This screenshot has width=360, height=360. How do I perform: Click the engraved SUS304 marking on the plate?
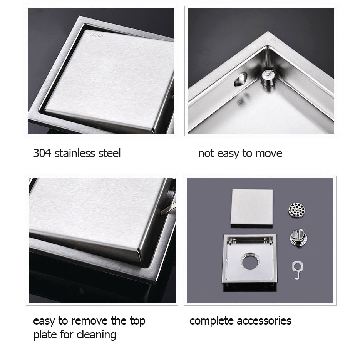coord(95,35)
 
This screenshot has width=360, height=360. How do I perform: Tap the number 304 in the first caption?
coord(42,153)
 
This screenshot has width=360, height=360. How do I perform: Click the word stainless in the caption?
coord(75,153)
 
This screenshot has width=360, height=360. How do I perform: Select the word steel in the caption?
coord(109,153)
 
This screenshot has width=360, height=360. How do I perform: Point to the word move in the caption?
coord(269,154)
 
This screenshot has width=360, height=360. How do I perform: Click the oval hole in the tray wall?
coord(240,79)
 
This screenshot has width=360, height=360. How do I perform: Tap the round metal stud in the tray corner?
coord(268,78)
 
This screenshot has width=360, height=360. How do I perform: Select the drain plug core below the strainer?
coord(298,239)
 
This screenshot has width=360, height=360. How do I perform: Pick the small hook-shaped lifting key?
coord(297,270)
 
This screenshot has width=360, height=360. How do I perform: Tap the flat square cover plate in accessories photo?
coord(252,208)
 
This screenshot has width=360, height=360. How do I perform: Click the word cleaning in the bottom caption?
coord(96,335)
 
